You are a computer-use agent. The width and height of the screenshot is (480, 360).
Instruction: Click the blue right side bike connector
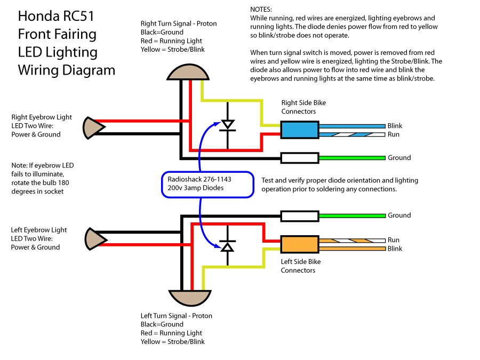coord(300,130)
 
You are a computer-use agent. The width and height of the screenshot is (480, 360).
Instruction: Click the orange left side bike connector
coord(300,244)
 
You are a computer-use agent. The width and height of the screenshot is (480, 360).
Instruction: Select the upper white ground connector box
coord(300,157)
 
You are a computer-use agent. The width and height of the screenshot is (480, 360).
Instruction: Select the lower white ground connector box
coord(300,215)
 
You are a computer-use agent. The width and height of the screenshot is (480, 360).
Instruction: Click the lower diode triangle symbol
coord(228,246)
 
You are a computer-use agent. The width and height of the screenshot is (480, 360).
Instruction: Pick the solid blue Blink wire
coord(352,126)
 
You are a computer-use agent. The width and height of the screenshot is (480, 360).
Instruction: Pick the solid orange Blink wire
coord(352,249)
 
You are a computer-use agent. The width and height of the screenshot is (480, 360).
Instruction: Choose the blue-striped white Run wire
coord(352,134)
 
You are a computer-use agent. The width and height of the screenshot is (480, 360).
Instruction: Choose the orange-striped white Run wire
coord(352,241)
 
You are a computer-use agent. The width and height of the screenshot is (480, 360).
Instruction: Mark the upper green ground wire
coord(352,157)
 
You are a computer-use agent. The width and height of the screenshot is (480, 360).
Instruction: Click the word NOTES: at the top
coord(261,10)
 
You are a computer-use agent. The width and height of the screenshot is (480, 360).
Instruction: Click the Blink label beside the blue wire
coord(395,126)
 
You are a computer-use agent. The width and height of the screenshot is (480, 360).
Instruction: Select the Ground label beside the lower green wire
coord(399,215)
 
